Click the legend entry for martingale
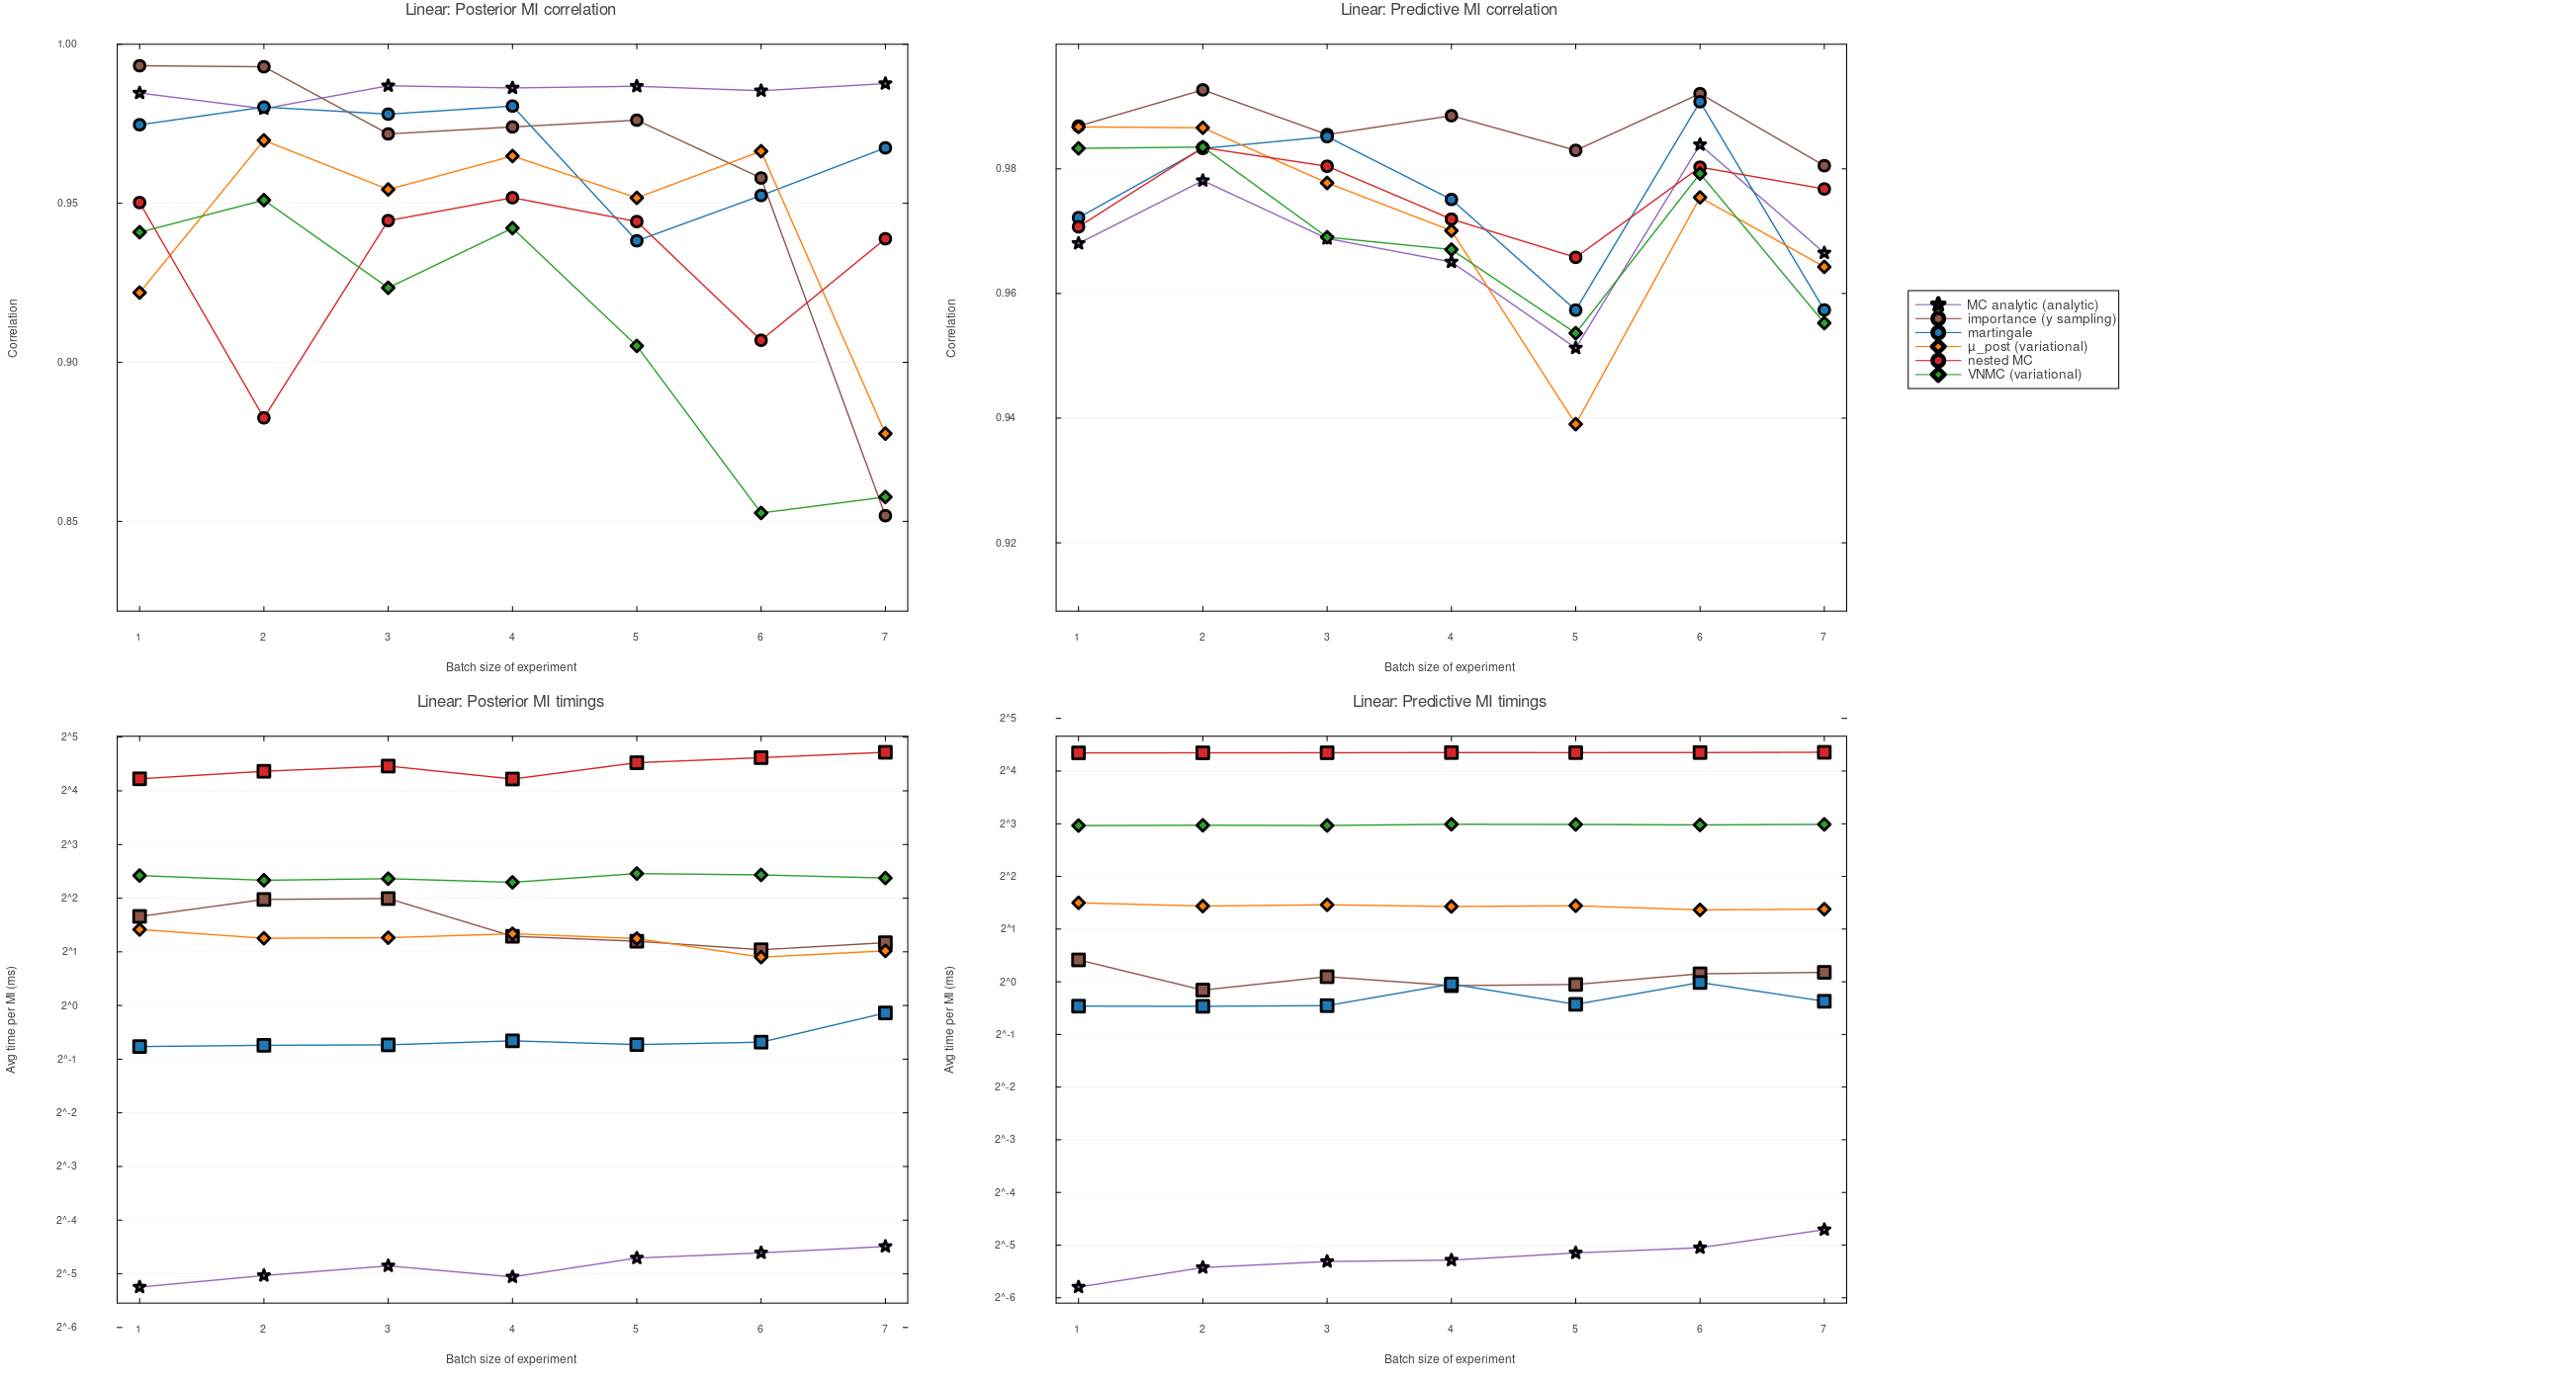[x=1998, y=333]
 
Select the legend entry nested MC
[x=1998, y=361]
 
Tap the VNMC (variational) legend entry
[x=2023, y=376]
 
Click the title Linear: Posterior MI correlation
[x=510, y=10]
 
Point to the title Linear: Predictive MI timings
[x=1449, y=703]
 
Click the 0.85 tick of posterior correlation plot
[x=67, y=522]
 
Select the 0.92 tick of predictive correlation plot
[x=1005, y=544]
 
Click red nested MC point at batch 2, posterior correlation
[x=263, y=418]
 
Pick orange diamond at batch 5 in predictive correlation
[x=1575, y=425]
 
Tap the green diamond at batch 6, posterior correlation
[x=760, y=514]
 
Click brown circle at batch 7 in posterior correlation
[x=885, y=517]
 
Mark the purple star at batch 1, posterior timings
[x=139, y=1288]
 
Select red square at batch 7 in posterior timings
[x=885, y=753]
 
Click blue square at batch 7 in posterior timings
[x=885, y=1014]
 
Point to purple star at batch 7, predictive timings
[x=1823, y=1231]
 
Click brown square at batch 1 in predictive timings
[x=1078, y=961]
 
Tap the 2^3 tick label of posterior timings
[x=69, y=845]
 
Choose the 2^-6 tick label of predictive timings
[x=1005, y=1298]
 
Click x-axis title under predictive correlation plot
[x=1449, y=667]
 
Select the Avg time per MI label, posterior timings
[x=12, y=1020]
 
